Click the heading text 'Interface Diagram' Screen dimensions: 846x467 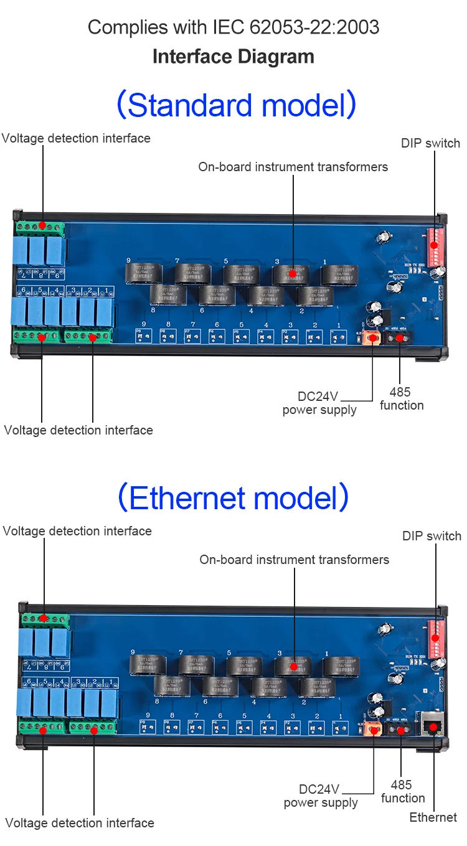(x=233, y=57)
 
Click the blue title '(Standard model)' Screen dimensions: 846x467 (x=236, y=105)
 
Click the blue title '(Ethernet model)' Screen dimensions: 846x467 (x=233, y=497)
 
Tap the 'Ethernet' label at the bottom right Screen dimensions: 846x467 (x=433, y=817)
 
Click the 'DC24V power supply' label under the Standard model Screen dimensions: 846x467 (x=319, y=403)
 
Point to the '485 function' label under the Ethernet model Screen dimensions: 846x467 (x=403, y=791)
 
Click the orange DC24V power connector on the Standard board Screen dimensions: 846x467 (x=372, y=338)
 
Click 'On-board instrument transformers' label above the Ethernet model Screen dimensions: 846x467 (x=294, y=560)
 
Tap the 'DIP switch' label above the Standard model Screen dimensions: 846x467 (x=430, y=143)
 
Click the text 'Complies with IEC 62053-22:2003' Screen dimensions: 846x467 (x=233, y=27)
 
